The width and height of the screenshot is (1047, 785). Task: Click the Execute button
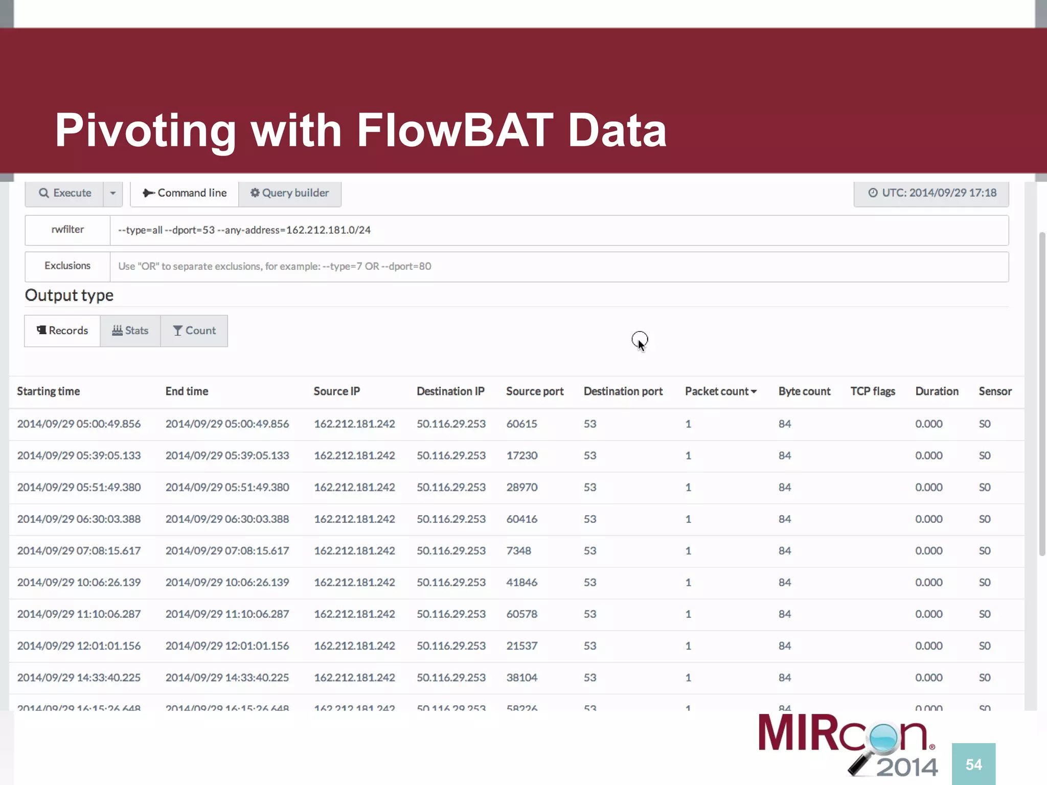64,193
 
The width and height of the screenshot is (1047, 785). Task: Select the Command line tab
185,193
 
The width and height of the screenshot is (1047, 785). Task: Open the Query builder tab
289,193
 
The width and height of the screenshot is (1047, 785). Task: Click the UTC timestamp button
931,193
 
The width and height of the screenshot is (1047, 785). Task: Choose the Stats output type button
130,331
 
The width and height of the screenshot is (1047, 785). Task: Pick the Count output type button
194,331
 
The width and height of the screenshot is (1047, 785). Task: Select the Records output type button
62,331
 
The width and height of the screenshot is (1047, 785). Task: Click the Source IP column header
337,391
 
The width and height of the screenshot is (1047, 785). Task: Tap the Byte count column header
804,391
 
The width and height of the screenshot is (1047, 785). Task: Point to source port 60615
521,424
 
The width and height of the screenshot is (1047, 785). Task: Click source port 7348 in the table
518,551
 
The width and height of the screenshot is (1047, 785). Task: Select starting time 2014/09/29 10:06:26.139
79,583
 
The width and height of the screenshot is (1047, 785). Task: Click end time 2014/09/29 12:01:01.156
227,646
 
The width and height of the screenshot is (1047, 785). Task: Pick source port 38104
521,678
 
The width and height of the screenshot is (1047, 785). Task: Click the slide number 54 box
973,765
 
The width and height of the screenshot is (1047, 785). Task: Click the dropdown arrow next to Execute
113,193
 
